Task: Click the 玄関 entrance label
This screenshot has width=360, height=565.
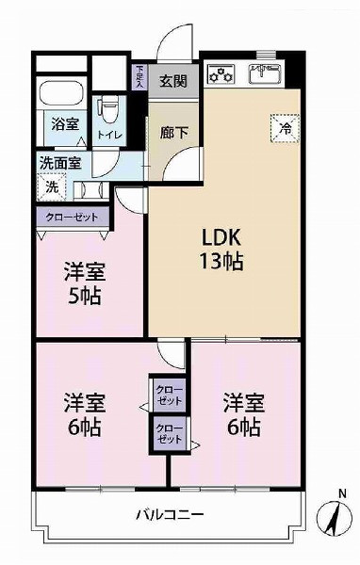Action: click(172, 80)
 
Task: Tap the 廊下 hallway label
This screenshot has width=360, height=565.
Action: click(172, 133)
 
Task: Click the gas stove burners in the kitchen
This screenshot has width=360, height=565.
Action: click(222, 72)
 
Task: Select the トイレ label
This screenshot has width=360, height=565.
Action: click(109, 134)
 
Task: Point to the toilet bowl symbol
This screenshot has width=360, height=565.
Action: click(109, 105)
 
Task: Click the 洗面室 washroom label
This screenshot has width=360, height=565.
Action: click(59, 162)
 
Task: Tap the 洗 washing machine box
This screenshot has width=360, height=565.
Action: click(53, 186)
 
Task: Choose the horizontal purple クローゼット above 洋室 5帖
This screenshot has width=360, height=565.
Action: click(74, 218)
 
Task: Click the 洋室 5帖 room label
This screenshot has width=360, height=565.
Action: click(85, 282)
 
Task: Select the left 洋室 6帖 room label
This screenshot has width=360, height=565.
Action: click(85, 415)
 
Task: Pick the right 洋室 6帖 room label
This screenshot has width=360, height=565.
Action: click(243, 415)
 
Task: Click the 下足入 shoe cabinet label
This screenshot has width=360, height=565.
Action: click(139, 74)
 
